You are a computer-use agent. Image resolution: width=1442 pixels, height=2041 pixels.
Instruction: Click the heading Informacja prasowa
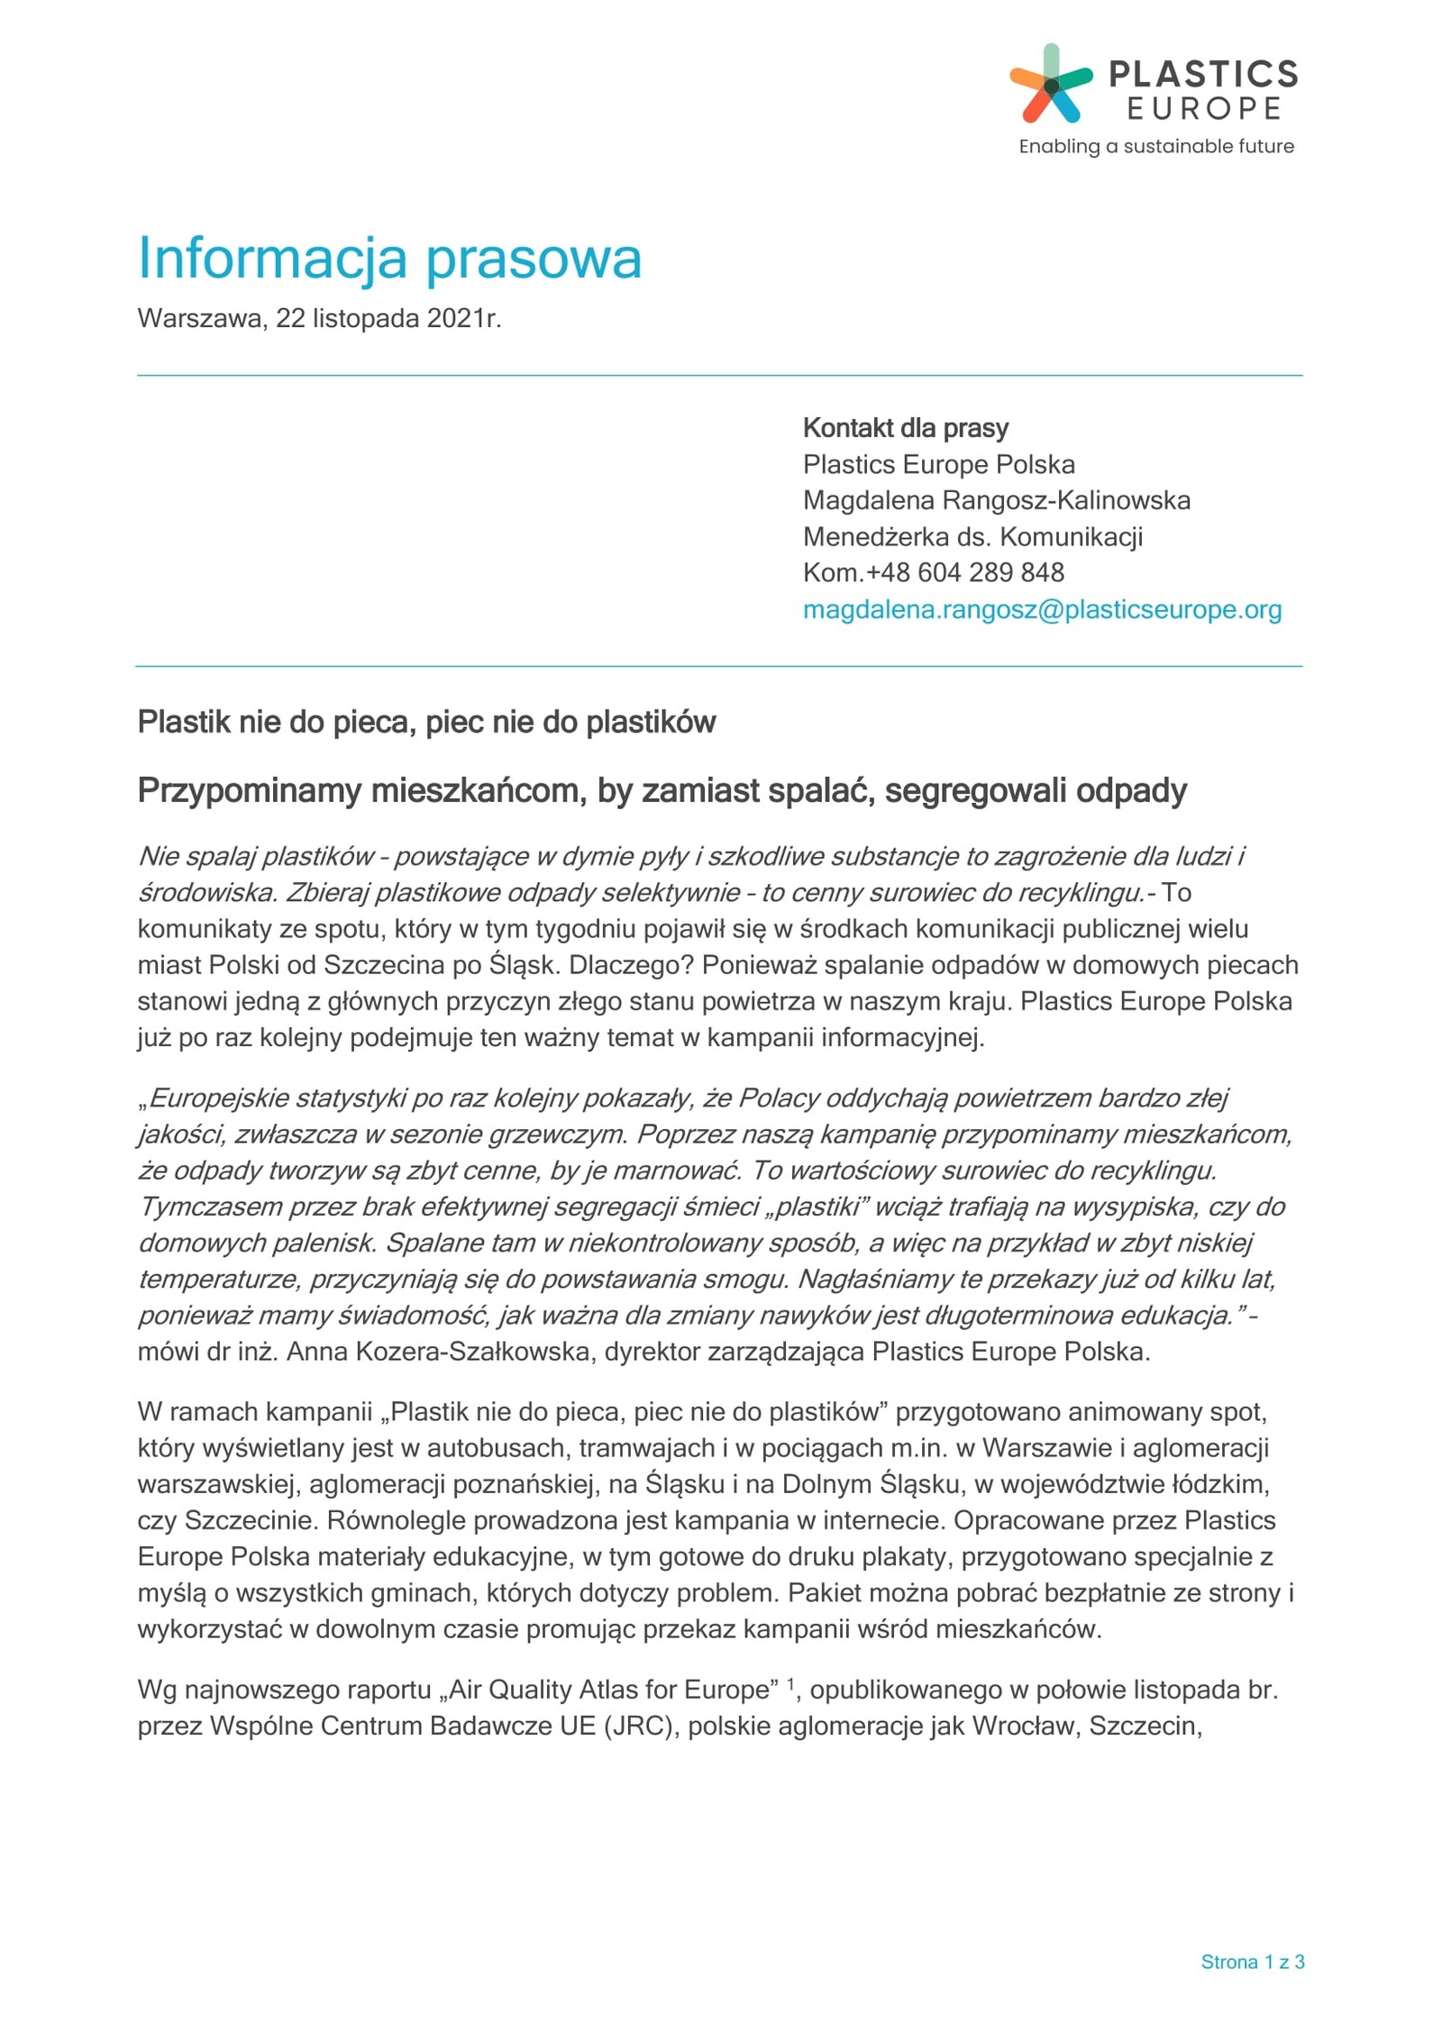tap(388, 258)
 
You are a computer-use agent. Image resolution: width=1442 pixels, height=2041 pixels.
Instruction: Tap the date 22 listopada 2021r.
tap(388, 319)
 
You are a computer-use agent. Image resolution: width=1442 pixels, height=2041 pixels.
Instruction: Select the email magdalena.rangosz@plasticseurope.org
tap(1041, 610)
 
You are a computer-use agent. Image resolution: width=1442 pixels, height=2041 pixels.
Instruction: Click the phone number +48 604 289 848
tap(964, 573)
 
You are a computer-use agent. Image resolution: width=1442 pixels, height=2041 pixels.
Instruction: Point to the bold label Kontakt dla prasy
tap(905, 428)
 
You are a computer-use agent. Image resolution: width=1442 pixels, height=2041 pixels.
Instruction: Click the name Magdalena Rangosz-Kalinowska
tap(996, 501)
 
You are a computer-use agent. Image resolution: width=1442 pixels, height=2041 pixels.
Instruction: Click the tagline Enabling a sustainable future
tap(1155, 147)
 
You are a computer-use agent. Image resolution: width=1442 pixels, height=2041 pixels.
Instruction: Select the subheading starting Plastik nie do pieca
tap(426, 723)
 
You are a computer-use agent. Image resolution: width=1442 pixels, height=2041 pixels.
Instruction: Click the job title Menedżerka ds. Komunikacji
tap(972, 537)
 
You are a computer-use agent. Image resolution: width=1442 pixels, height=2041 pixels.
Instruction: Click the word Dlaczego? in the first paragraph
tap(631, 965)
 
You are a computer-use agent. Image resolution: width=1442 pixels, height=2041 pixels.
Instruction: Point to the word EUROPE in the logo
tap(1204, 109)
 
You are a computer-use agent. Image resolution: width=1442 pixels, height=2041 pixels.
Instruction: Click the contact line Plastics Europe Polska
tap(938, 465)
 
